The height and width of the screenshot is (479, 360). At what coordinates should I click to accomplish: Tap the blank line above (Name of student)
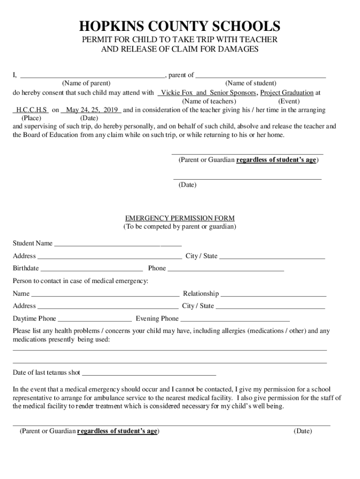(x=260, y=75)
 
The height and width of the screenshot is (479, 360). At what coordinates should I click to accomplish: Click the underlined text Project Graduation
(x=287, y=93)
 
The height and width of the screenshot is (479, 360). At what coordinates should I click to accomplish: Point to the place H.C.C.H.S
(x=31, y=110)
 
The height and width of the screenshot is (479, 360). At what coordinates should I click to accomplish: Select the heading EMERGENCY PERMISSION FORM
(x=180, y=218)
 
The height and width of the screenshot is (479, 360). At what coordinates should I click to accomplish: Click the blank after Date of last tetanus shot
(x=149, y=374)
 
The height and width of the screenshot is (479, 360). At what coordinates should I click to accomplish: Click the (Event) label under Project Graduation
(x=289, y=101)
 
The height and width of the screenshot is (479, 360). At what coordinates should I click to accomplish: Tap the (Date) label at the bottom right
(x=302, y=431)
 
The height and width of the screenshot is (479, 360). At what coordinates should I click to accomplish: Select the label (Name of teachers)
(x=209, y=101)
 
